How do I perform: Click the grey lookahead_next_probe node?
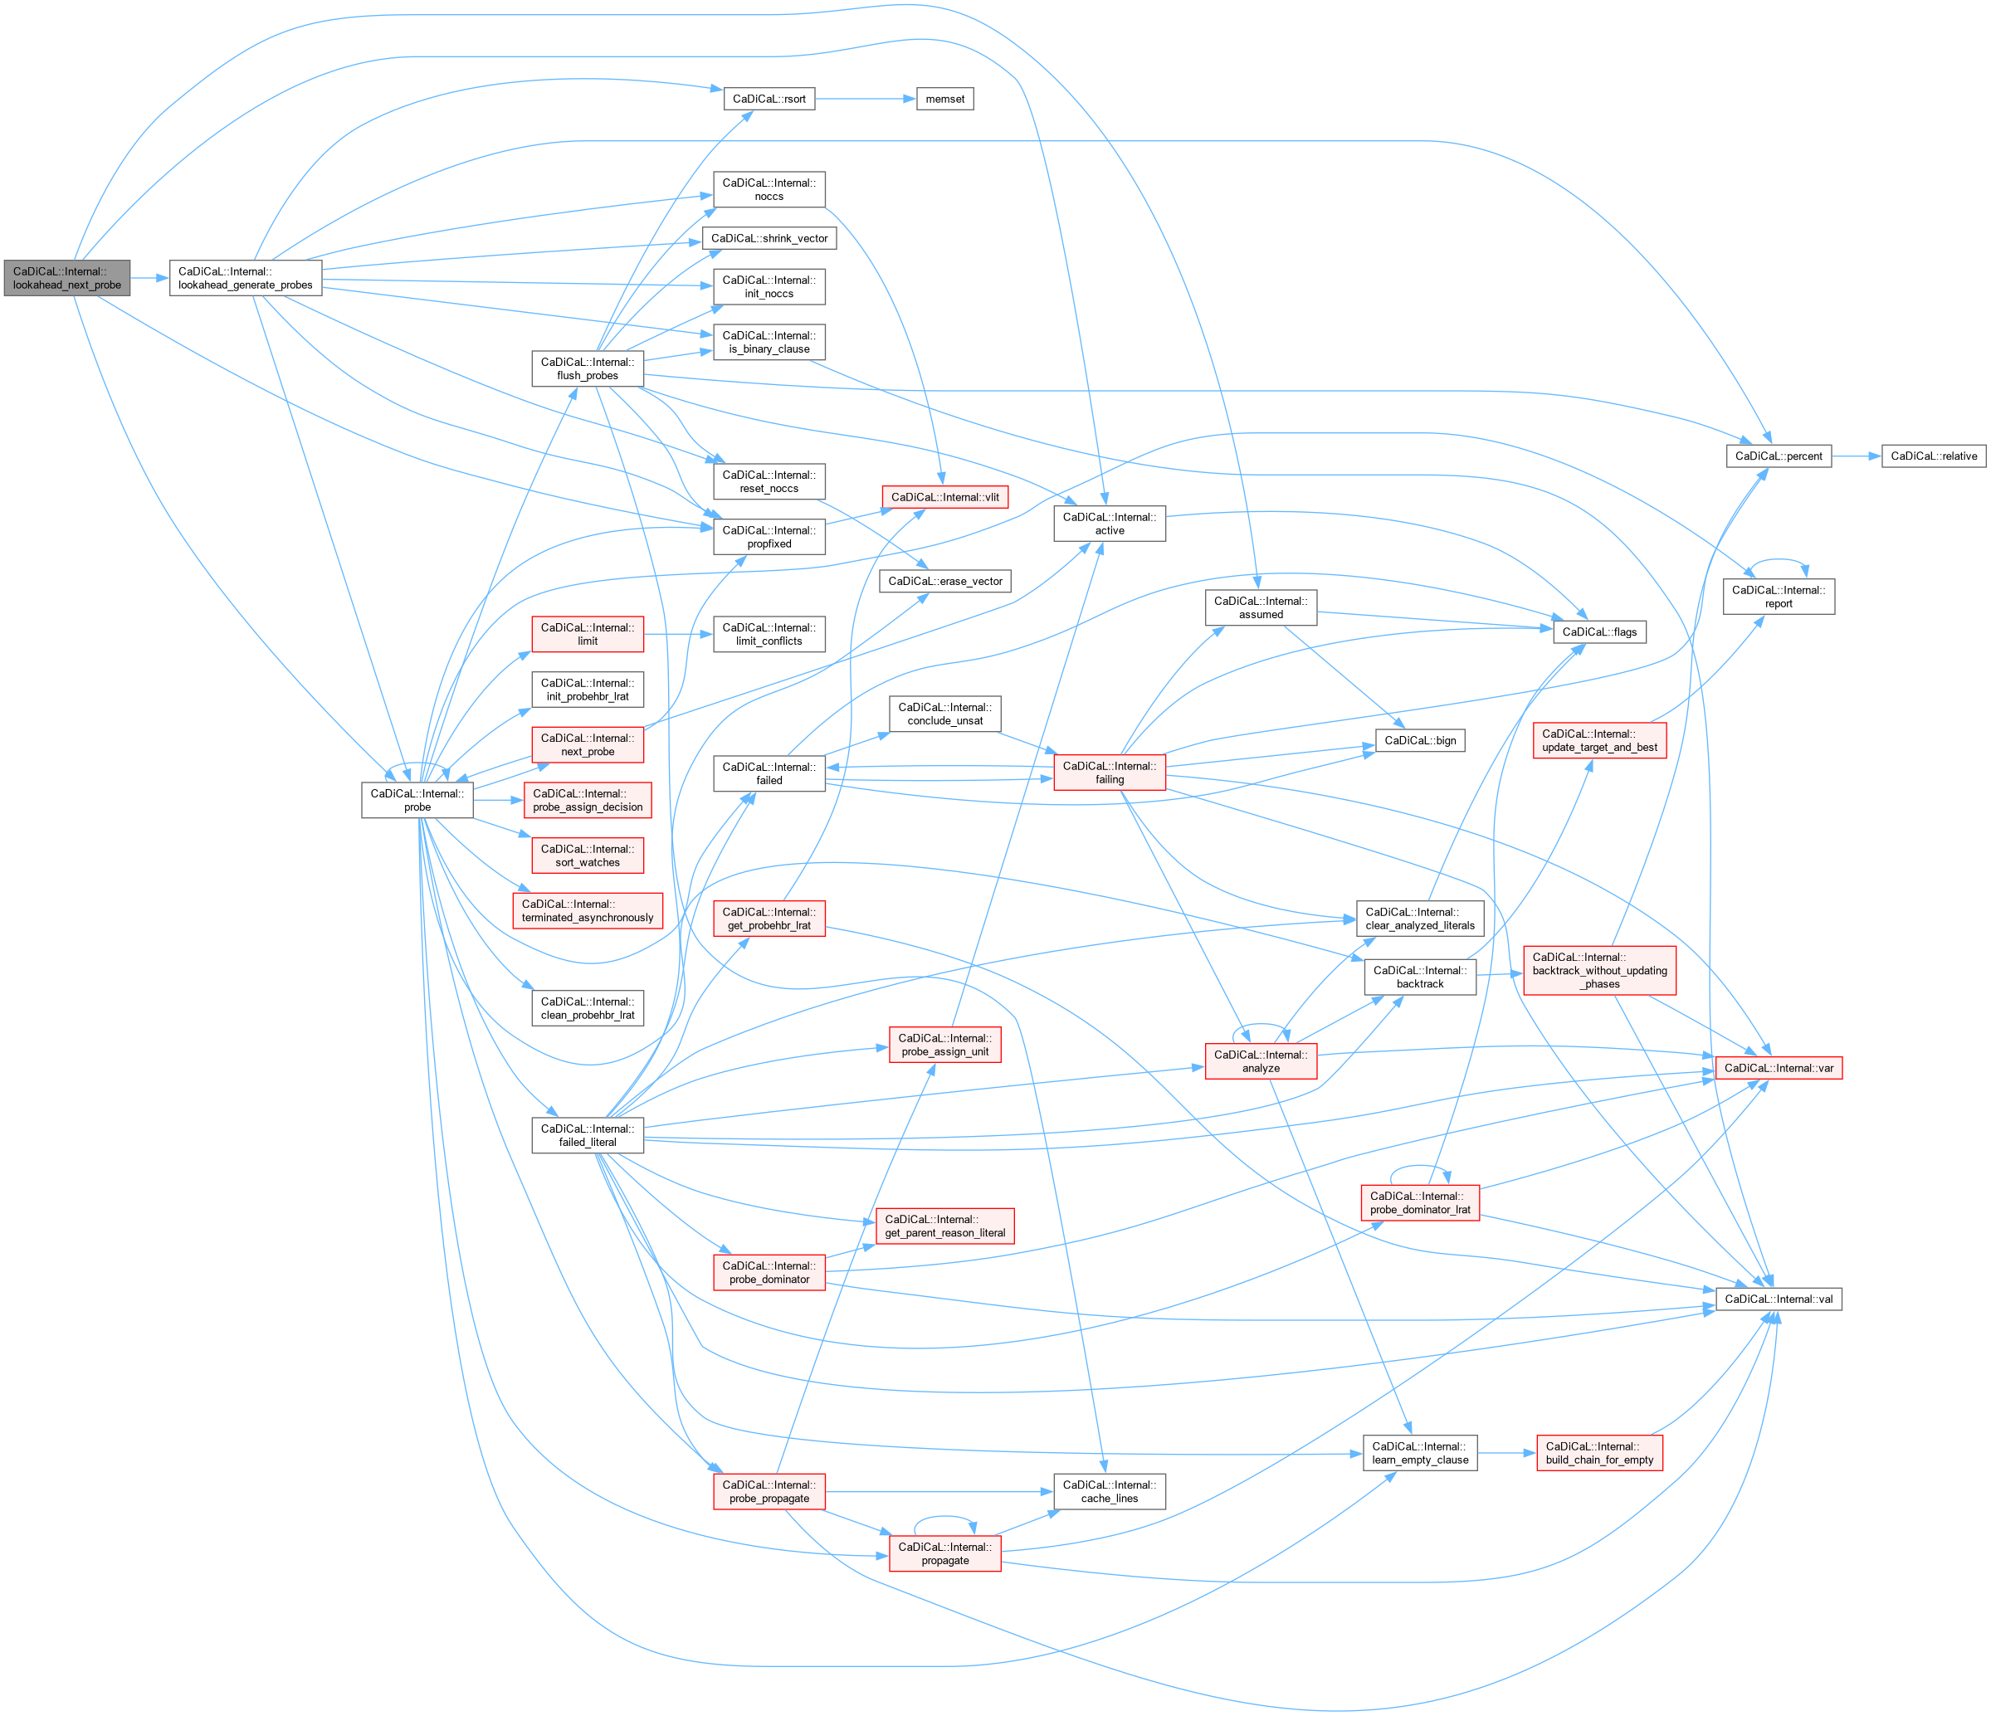(x=66, y=279)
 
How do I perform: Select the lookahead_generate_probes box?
(x=245, y=279)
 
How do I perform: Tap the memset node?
(x=944, y=99)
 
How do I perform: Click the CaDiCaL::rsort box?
(x=769, y=99)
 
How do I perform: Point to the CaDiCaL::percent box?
(x=1778, y=456)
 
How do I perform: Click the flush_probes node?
(x=587, y=369)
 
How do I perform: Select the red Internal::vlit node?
(x=944, y=498)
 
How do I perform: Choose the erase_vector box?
(x=944, y=582)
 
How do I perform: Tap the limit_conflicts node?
(x=769, y=634)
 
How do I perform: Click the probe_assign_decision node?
(x=587, y=801)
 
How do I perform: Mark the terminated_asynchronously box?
(x=587, y=911)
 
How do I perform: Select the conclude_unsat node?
(x=944, y=714)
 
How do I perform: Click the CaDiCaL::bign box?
(x=1419, y=741)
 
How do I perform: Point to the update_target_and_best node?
(x=1599, y=741)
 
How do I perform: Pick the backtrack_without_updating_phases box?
(x=1599, y=970)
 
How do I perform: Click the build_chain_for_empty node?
(x=1599, y=1453)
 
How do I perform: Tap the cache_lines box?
(x=1109, y=1491)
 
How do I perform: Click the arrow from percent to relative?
(x=1856, y=456)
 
